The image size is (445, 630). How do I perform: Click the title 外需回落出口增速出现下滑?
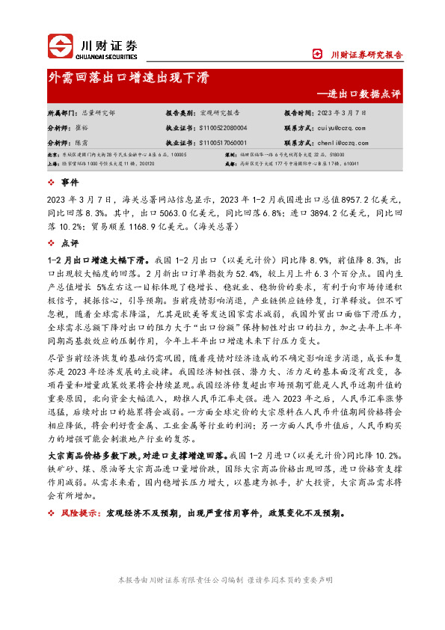[x=129, y=78]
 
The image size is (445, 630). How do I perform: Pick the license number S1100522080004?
[x=224, y=128]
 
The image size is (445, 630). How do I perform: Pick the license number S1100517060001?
[x=224, y=142]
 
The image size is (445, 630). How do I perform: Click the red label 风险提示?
[x=79, y=514]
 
